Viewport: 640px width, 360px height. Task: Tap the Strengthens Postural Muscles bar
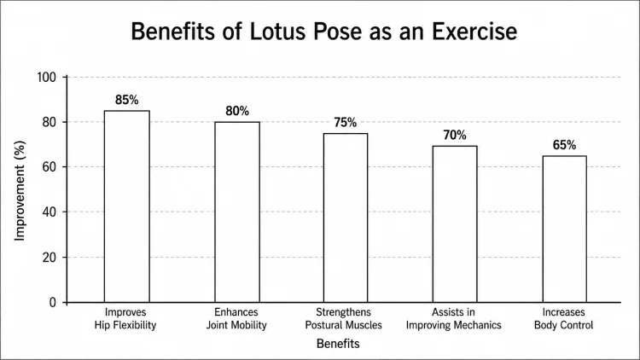346,218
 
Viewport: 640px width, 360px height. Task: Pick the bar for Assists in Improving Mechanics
455,224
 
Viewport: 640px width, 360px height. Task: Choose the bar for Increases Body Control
564,229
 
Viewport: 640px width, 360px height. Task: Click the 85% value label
126,100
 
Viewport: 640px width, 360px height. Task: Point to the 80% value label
236,111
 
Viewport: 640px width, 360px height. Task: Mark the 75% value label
346,122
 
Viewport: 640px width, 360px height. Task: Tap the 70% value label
455,134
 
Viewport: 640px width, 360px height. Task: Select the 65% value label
564,145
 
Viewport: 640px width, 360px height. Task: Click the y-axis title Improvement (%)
20,189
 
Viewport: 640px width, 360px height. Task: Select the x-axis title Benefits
338,345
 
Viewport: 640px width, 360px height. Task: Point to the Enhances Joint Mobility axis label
236,318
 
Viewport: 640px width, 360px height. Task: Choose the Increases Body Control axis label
564,318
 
